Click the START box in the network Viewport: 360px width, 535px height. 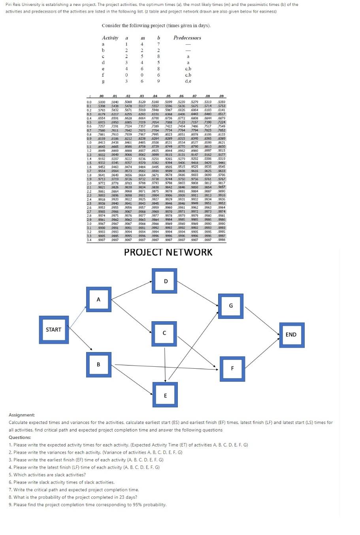pyautogui.click(x=53, y=330)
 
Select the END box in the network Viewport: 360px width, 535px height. pyautogui.click(x=291, y=335)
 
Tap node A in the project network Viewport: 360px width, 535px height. pyautogui.click(x=98, y=300)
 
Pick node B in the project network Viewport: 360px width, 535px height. pyautogui.click(x=98, y=364)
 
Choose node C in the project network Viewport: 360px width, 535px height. pyautogui.click(x=164, y=333)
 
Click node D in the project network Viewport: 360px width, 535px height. pyautogui.click(x=164, y=281)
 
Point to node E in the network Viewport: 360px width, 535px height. pyautogui.click(x=165, y=396)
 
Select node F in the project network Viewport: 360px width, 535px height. pyautogui.click(x=232, y=369)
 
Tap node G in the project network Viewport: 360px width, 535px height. pyautogui.click(x=231, y=305)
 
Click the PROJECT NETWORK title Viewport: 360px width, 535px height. pyautogui.click(x=168, y=252)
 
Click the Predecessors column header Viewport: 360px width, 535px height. pyautogui.click(x=187, y=38)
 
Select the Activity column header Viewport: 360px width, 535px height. pyautogui.click(x=110, y=38)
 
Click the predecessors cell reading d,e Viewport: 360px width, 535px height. pyautogui.click(x=188, y=81)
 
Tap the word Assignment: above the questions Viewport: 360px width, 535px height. pyautogui.click(x=22, y=415)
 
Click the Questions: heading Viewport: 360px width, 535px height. pyautogui.click(x=20, y=437)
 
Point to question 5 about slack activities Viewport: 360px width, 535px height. pyautogui.click(x=47, y=475)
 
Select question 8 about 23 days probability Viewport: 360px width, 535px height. pyautogui.click(x=73, y=497)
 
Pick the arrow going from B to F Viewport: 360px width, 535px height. pyautogui.click(x=164, y=366)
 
